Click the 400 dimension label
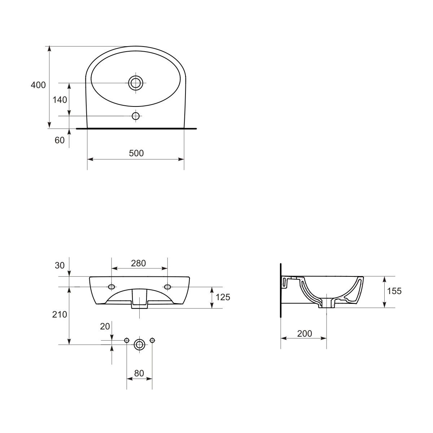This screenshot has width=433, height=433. pos(38,85)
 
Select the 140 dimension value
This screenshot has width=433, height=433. pos(60,100)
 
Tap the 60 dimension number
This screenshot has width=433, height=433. pos(60,140)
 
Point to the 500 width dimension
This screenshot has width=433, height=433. pos(136,153)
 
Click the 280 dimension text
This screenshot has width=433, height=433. pos(139,263)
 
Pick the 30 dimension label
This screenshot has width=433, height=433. pos(60,266)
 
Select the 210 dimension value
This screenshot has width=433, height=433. pos(60,315)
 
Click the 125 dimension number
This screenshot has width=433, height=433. pos(223,297)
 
